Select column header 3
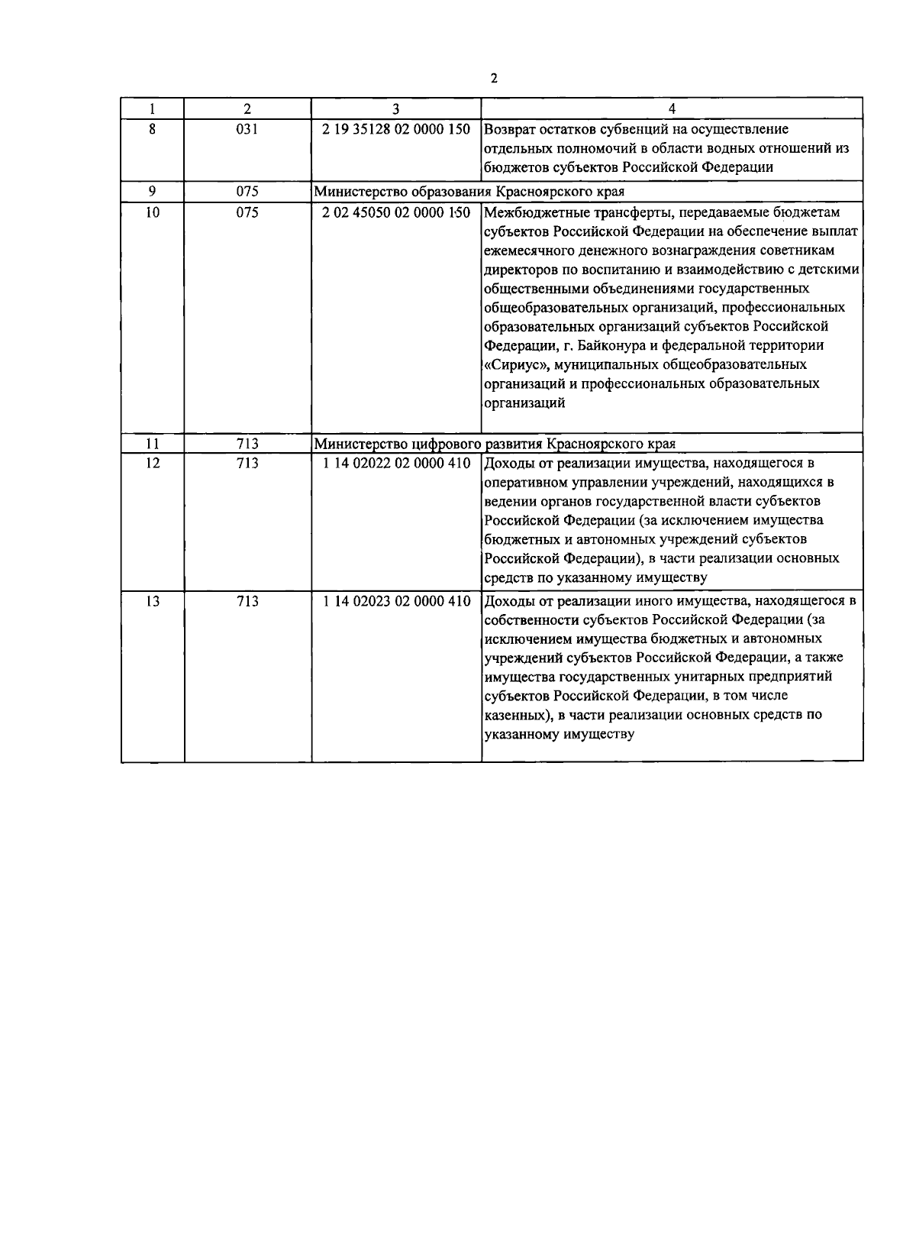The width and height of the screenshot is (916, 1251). click(x=396, y=109)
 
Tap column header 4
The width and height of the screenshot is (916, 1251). click(x=672, y=109)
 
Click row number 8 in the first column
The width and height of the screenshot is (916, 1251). click(x=153, y=129)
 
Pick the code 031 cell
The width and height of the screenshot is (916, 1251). click(x=247, y=129)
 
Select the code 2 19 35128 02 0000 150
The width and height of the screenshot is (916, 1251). click(x=396, y=129)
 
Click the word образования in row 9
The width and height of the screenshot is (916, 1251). click(x=447, y=192)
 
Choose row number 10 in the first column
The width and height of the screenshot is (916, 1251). click(x=153, y=213)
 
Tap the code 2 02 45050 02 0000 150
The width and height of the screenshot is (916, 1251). click(x=396, y=213)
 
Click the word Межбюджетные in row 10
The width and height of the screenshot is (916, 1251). click(x=530, y=213)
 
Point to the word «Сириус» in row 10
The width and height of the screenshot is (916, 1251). click(x=514, y=364)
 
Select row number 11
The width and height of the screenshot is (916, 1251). click(x=153, y=444)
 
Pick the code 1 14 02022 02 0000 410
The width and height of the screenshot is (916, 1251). click(x=396, y=464)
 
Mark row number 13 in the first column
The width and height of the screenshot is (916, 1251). click(x=153, y=602)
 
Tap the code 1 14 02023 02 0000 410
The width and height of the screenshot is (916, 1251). click(x=396, y=602)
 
